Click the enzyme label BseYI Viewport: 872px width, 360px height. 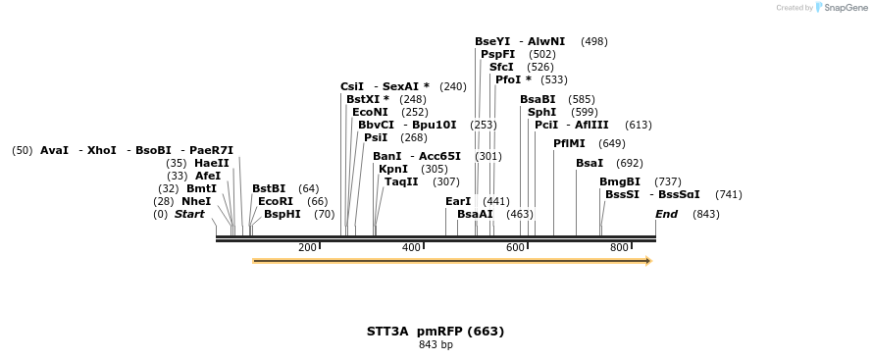tap(492, 41)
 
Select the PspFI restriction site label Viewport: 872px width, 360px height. tap(498, 54)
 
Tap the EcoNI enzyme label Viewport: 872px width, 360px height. tap(370, 112)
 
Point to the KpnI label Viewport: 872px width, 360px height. tap(393, 169)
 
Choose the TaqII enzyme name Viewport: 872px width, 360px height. tap(401, 181)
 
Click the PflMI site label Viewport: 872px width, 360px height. tap(569, 143)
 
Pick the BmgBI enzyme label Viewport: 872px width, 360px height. tap(620, 181)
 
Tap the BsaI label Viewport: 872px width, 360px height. tap(590, 163)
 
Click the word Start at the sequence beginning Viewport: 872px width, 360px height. tap(189, 214)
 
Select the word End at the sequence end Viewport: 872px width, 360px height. tap(666, 214)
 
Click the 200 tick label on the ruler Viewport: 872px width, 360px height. tap(307, 247)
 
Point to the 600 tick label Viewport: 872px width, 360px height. tap(516, 247)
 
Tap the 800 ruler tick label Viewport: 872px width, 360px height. tap(619, 247)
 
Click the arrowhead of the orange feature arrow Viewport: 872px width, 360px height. tap(647, 261)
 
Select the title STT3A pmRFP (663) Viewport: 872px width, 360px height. tap(436, 331)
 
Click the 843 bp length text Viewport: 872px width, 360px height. tap(436, 344)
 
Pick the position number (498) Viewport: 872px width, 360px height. tap(594, 41)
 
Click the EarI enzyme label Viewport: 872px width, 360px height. tap(458, 201)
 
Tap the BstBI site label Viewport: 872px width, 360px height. tap(269, 188)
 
